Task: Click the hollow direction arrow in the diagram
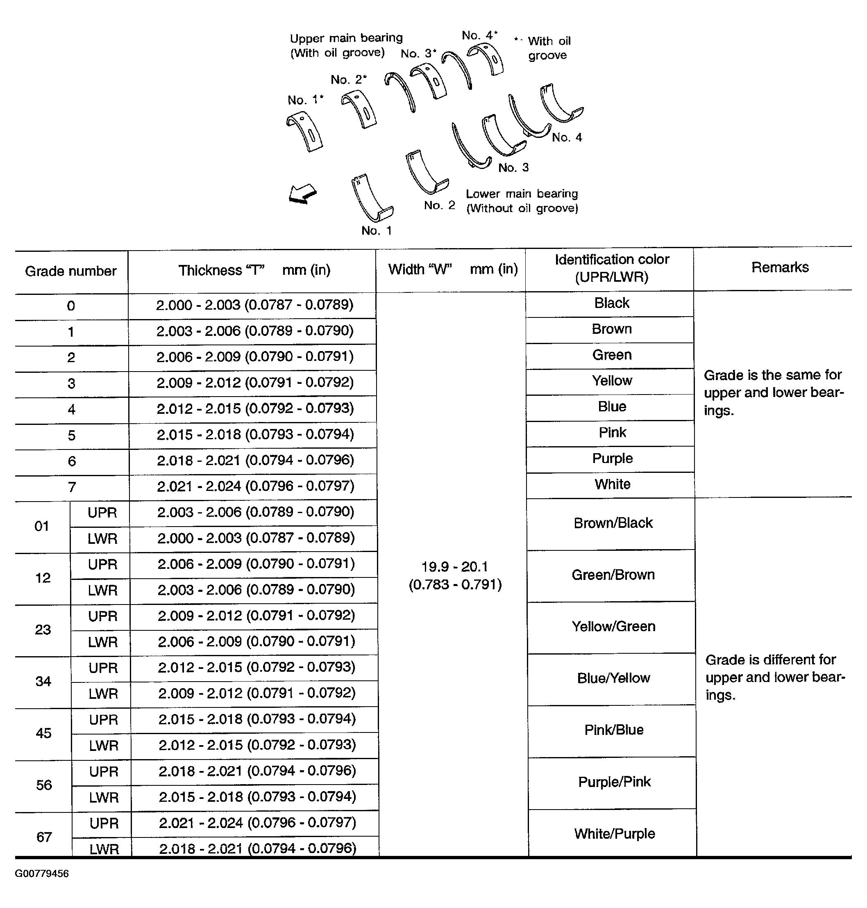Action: (x=303, y=194)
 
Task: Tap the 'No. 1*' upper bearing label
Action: (x=305, y=100)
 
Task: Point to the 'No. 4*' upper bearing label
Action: (x=479, y=36)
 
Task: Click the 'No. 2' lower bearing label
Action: (x=439, y=205)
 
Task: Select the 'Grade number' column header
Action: (x=71, y=271)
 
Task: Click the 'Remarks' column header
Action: (x=780, y=267)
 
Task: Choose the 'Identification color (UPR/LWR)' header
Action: (x=611, y=268)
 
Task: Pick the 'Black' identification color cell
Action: (x=611, y=303)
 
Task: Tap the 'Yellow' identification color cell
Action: (x=612, y=381)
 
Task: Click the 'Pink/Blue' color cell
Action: (x=614, y=730)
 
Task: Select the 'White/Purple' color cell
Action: (x=614, y=833)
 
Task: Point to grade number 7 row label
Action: (x=72, y=487)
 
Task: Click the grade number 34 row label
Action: (x=43, y=681)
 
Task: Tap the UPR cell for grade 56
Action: (x=104, y=771)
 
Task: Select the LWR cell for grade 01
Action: (x=102, y=538)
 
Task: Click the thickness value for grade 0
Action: (x=254, y=305)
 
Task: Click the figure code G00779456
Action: (x=42, y=874)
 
